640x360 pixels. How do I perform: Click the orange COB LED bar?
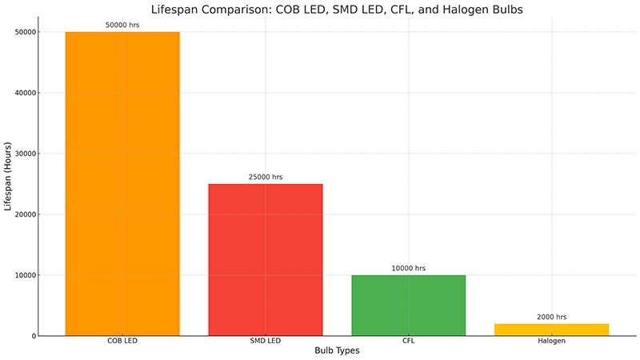coord(122,184)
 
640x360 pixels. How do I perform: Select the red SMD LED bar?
coord(265,260)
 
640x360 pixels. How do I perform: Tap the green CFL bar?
coord(408,306)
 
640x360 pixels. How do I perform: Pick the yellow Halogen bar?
coord(551,330)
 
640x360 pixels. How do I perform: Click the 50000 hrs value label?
coord(122,25)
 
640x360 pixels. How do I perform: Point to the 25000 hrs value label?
coord(265,177)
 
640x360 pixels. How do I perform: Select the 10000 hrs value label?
coord(408,268)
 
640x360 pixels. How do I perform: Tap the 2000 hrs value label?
coord(551,317)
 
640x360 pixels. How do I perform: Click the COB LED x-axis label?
coord(122,342)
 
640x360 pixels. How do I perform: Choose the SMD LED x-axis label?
coord(265,342)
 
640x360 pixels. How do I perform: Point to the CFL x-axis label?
coord(408,342)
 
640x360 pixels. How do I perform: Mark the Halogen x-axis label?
coord(551,342)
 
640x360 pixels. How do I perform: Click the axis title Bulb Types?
coord(336,352)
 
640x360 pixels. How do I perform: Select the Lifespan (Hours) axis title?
coord(8,184)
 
